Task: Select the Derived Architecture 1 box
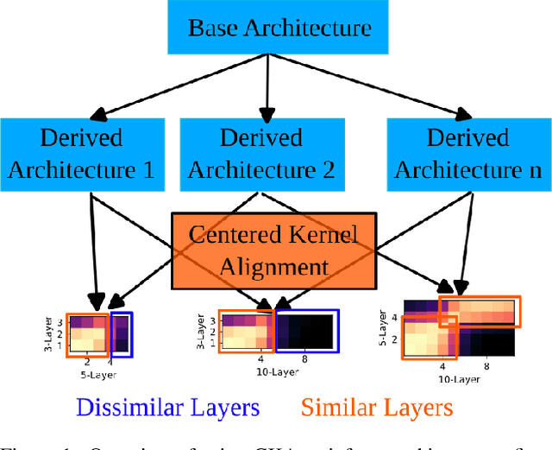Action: tap(81, 153)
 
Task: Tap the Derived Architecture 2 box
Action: tap(261, 153)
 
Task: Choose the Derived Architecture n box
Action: tap(468, 153)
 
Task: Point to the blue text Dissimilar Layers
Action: tap(167, 407)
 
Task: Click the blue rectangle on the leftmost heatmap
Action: tap(122, 333)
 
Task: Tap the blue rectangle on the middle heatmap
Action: tap(306, 332)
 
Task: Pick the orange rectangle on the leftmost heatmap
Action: tap(87, 336)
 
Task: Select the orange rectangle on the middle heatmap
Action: tap(246, 332)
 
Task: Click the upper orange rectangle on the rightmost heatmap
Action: tap(479, 313)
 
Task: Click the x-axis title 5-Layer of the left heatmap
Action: tap(98, 375)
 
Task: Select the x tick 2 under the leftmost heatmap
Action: tap(87, 364)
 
